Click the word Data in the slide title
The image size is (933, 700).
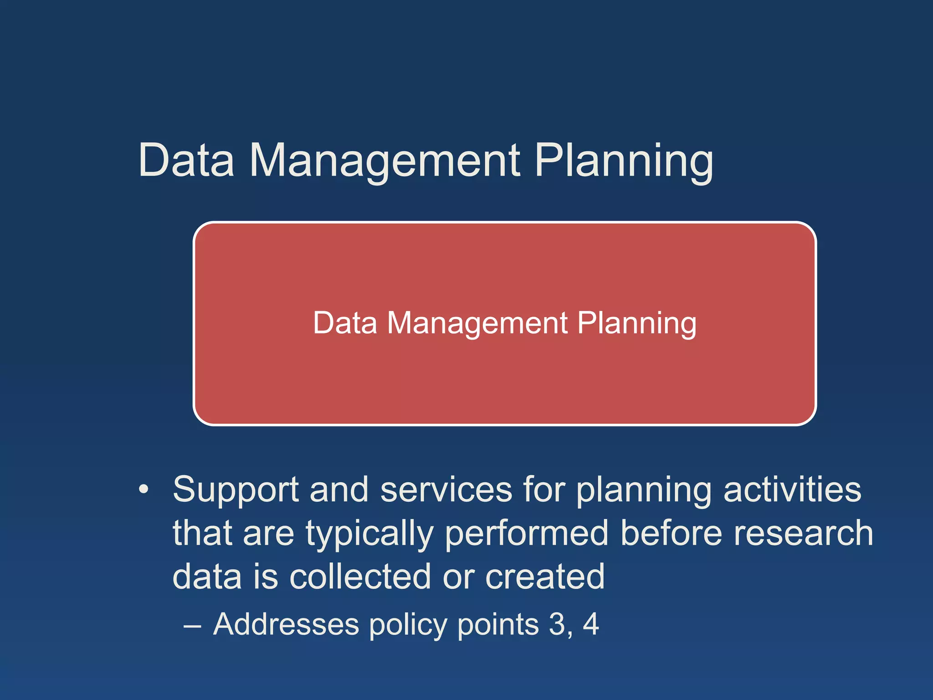tap(186, 160)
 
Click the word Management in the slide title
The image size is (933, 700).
tap(385, 160)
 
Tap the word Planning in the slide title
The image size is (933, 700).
tap(623, 160)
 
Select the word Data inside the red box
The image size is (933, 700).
tap(345, 323)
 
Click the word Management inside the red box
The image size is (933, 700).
tap(477, 323)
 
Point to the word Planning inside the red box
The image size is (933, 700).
tap(636, 323)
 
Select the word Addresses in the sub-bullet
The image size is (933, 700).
tap(286, 624)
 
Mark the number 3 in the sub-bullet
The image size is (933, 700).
tap(557, 624)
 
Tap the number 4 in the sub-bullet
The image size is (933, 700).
tap(590, 624)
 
